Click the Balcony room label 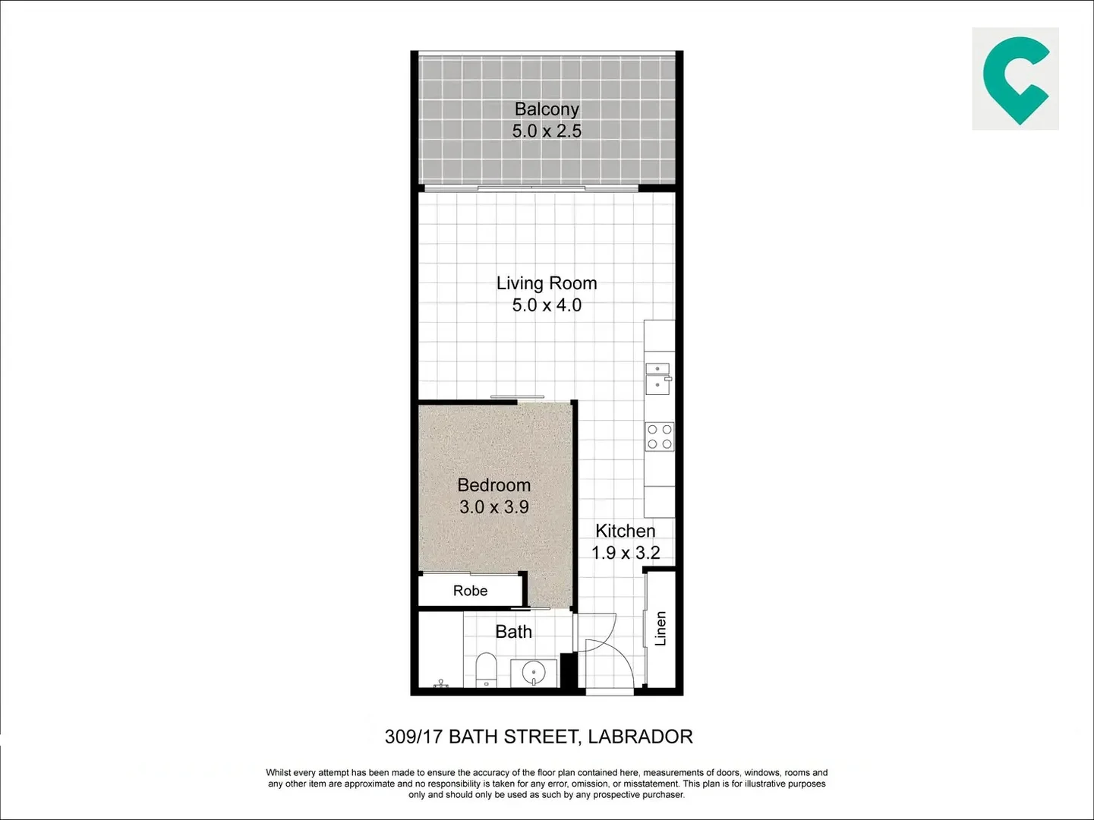(547, 109)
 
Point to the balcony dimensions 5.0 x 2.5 (547, 131)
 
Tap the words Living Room (547, 283)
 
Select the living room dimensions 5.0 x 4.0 (547, 305)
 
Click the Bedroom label (493, 485)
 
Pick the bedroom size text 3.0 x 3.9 (493, 507)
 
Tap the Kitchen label (625, 531)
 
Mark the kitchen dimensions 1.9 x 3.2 (626, 553)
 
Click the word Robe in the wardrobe (470, 591)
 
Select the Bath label (513, 632)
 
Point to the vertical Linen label (660, 628)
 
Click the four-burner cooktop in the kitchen (659, 437)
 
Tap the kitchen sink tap (667, 377)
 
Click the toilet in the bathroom (486, 669)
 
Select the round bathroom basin (534, 672)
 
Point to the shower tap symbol (440, 683)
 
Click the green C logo (1015, 79)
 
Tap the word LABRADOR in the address (640, 736)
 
